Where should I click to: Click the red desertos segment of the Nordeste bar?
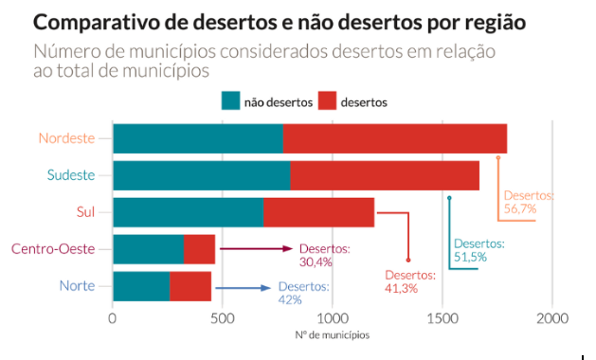pyautogui.click(x=394, y=138)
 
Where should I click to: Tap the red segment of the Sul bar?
pyautogui.click(x=318, y=212)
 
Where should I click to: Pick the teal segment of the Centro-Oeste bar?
pyautogui.click(x=148, y=249)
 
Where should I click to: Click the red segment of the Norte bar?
pyautogui.click(x=190, y=286)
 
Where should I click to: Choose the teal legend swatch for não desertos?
pyautogui.click(x=230, y=100)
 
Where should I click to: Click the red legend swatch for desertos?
pyautogui.click(x=327, y=100)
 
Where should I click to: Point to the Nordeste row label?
pyautogui.click(x=67, y=138)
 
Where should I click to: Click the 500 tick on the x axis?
pyautogui.click(x=222, y=318)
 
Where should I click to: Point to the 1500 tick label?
pyautogui.click(x=442, y=318)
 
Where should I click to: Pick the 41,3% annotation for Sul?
pyautogui.click(x=402, y=288)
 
